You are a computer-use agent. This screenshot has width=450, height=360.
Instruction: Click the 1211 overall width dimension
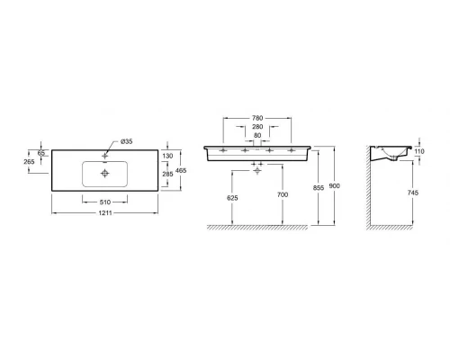[105, 213]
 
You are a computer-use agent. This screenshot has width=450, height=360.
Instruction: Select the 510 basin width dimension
[105, 202]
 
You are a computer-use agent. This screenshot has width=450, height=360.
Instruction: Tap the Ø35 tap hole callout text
[127, 141]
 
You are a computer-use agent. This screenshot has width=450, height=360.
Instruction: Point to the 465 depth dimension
[181, 170]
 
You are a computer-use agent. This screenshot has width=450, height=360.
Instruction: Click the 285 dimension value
[167, 174]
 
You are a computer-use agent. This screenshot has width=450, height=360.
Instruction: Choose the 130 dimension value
[167, 156]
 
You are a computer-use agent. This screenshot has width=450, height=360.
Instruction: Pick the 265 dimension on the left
[29, 161]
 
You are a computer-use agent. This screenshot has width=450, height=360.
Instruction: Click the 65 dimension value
[41, 153]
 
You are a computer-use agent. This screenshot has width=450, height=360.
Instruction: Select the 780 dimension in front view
[257, 118]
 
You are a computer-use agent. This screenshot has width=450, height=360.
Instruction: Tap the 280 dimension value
[257, 127]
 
